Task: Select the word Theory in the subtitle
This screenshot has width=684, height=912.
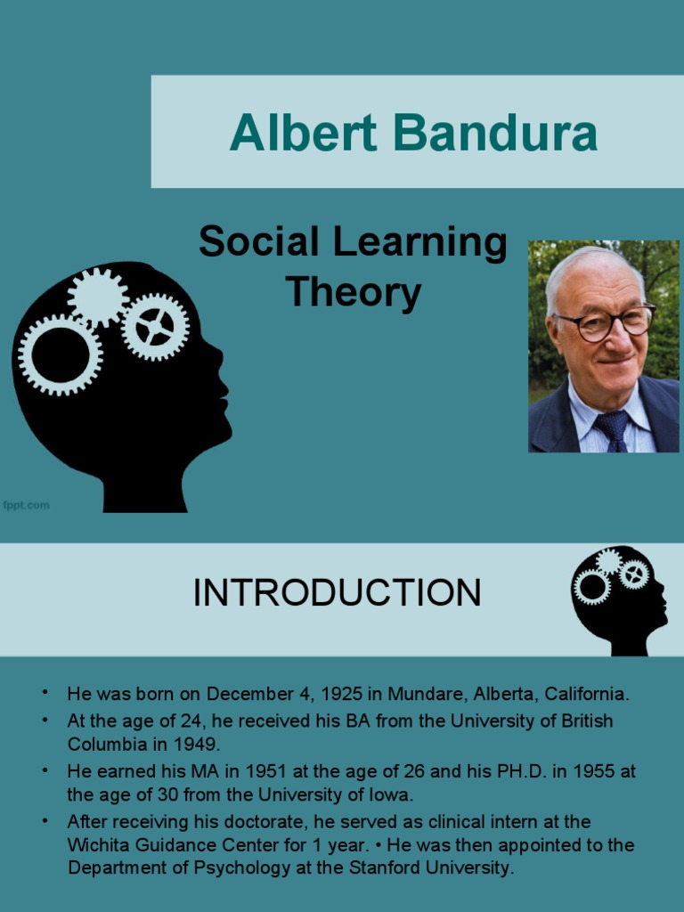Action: point(353,292)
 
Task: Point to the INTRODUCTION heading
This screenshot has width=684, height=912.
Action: point(337,593)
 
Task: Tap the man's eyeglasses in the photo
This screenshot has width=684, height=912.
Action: point(605,322)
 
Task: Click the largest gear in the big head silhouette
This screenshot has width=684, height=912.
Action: point(59,354)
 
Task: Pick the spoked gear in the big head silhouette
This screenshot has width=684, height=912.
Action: point(155,327)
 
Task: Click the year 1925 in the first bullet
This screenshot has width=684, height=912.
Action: point(342,693)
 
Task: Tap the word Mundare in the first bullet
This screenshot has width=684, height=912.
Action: point(416,693)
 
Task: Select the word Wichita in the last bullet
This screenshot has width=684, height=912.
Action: point(96,843)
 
